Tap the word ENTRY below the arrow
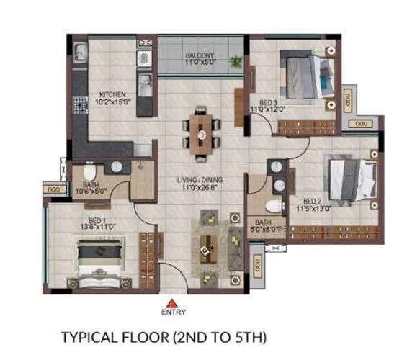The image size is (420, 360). click(x=174, y=312)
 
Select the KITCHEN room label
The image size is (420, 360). click(x=113, y=94)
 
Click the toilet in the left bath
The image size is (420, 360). click(x=89, y=173)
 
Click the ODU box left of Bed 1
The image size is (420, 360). click(x=53, y=189)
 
